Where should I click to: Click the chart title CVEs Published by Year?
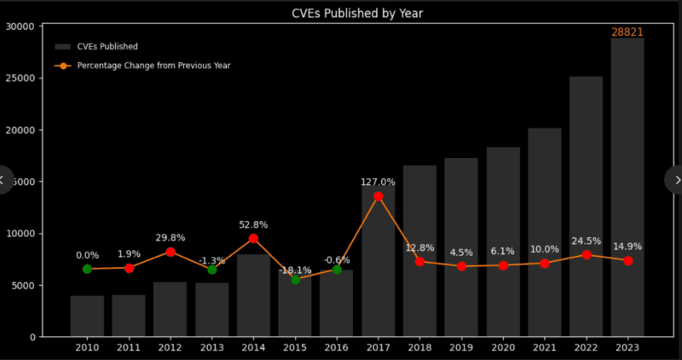click(x=340, y=14)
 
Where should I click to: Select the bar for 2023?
click(x=627, y=188)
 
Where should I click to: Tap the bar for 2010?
click(x=87, y=316)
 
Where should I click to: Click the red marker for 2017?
click(x=379, y=196)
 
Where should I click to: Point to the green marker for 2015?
click(x=295, y=279)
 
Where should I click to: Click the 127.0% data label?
click(x=378, y=182)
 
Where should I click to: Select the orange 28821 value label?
click(x=627, y=32)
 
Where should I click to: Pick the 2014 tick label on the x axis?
click(x=253, y=348)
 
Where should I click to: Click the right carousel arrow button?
click(x=676, y=179)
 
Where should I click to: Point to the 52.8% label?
click(x=253, y=224)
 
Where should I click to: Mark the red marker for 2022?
click(x=586, y=254)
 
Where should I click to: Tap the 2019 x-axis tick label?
click(x=461, y=348)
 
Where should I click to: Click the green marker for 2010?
click(x=87, y=269)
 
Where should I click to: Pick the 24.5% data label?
click(x=586, y=241)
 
